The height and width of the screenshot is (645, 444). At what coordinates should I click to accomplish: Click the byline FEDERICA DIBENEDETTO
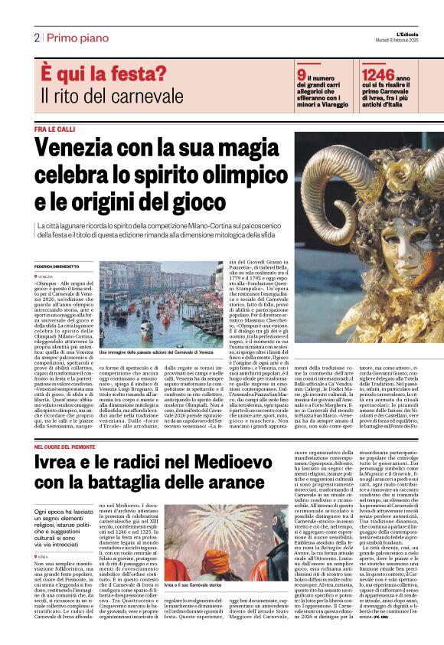click(x=59, y=266)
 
